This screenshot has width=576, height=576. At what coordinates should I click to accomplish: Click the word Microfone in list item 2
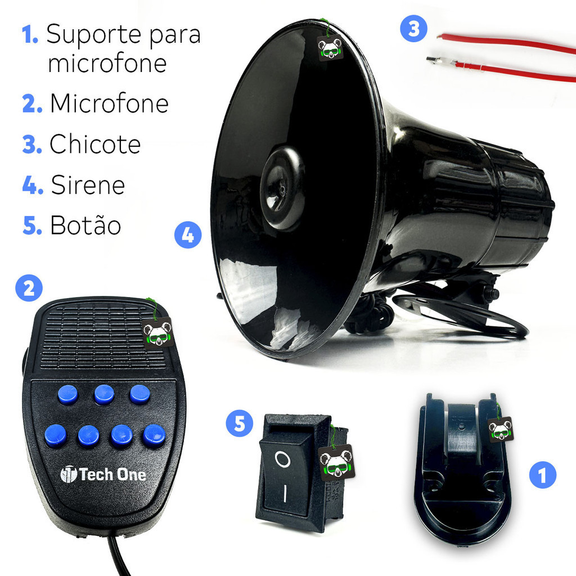109,103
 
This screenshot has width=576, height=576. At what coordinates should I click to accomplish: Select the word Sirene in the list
88,184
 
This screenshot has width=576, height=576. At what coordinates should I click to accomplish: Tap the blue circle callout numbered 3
413,28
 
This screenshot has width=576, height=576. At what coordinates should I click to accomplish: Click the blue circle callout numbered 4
188,235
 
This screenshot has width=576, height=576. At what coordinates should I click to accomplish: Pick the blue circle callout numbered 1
543,475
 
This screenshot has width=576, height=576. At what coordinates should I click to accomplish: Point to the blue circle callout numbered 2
29,288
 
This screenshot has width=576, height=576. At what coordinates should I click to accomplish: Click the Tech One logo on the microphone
103,474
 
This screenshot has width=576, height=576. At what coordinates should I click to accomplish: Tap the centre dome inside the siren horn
282,188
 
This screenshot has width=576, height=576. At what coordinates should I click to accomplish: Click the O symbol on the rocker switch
282,459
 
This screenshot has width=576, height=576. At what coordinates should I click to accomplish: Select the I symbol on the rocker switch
285,493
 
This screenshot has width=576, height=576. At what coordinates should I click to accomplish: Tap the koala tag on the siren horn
330,47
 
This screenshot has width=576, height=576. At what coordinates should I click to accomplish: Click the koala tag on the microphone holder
500,429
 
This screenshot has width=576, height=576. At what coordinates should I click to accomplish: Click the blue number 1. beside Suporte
30,34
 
